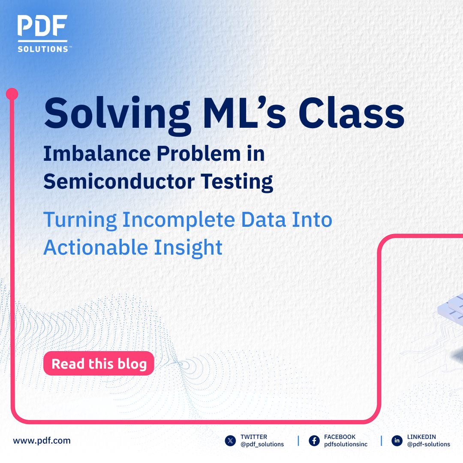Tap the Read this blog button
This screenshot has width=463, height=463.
99,364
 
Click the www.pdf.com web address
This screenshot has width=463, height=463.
42,440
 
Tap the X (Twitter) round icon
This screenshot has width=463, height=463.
231,441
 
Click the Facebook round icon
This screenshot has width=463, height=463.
314,441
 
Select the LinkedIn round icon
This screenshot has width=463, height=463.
397,441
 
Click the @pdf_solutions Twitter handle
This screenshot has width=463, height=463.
262,445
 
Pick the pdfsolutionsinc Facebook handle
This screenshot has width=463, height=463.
346,445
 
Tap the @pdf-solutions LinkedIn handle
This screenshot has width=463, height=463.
429,445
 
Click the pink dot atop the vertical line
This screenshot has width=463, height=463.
12,94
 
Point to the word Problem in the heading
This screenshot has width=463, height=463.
203,154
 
